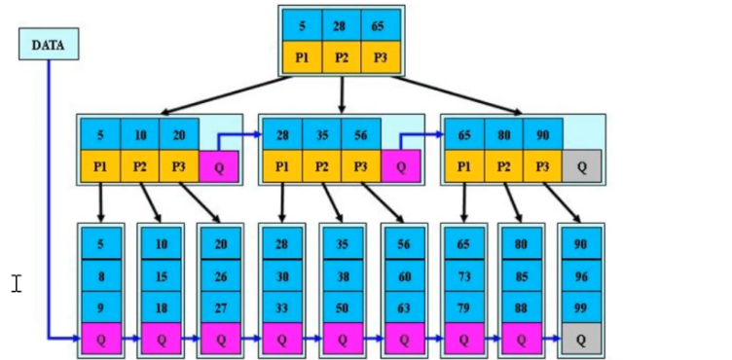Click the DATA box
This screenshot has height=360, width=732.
pyautogui.click(x=48, y=45)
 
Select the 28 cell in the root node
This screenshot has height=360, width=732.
pyautogui.click(x=341, y=26)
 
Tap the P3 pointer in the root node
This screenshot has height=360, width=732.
pyautogui.click(x=380, y=58)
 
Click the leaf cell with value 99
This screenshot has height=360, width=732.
pyautogui.click(x=581, y=306)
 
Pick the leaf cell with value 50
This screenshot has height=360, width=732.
pyautogui.click(x=343, y=306)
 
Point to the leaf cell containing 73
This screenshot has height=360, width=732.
pyautogui.click(x=463, y=276)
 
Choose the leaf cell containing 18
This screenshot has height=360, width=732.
pyautogui.click(x=161, y=306)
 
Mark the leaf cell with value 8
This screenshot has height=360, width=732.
pyautogui.click(x=101, y=276)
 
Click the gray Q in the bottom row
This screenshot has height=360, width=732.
pyautogui.click(x=581, y=339)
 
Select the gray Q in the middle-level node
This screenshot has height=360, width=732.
pyautogui.click(x=581, y=166)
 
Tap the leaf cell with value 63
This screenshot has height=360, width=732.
pyautogui.click(x=404, y=306)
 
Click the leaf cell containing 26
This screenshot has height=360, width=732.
pyautogui.click(x=220, y=276)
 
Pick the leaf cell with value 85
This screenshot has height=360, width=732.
pyautogui.click(x=522, y=276)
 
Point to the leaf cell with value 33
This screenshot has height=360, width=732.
pyautogui.click(x=282, y=306)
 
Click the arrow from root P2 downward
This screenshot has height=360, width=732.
pyautogui.click(x=342, y=94)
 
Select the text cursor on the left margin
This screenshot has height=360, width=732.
pyautogui.click(x=17, y=283)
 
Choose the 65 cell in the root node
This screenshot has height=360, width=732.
pyautogui.click(x=380, y=26)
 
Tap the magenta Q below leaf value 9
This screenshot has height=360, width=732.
pyautogui.click(x=101, y=339)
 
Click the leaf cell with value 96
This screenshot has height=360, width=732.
pyautogui.click(x=581, y=276)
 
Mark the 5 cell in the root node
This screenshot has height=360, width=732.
pyautogui.click(x=303, y=26)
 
